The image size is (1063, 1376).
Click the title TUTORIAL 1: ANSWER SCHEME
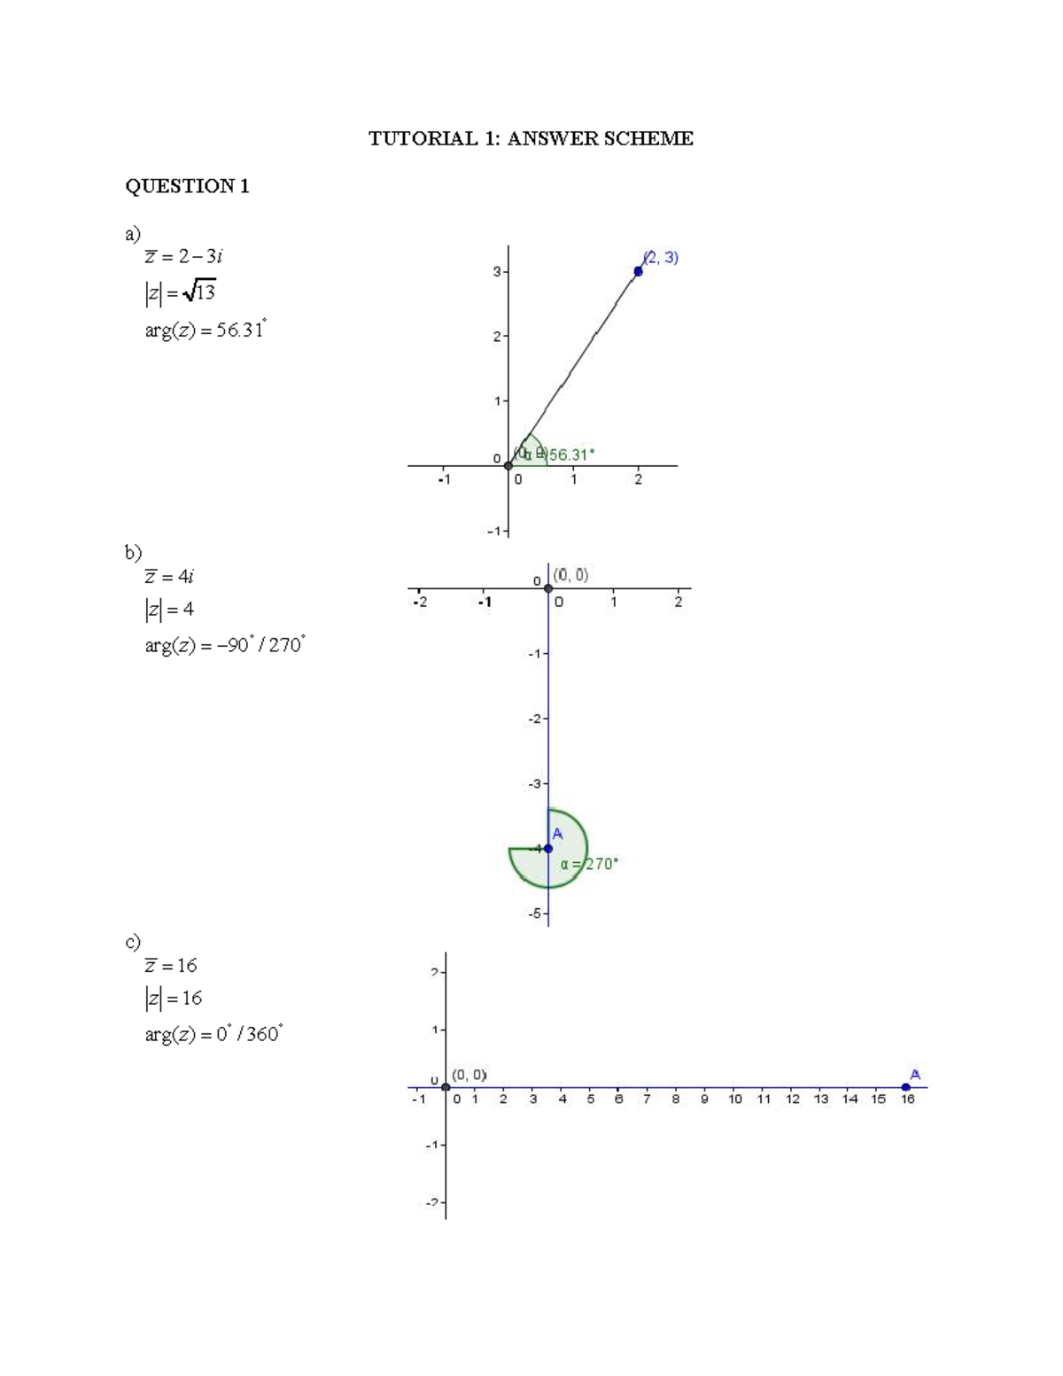[x=531, y=138]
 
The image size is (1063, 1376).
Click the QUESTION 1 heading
[x=187, y=186]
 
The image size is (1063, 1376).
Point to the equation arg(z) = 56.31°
[x=205, y=330]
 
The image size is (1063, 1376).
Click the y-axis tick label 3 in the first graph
[x=497, y=272]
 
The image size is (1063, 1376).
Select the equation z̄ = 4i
[x=169, y=576]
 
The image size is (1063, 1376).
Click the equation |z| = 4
[x=169, y=610]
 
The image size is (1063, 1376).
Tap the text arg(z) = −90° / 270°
[x=225, y=645]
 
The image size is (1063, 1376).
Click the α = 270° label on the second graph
[x=589, y=864]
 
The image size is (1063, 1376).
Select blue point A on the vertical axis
[x=548, y=848]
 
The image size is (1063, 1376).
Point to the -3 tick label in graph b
[x=534, y=784]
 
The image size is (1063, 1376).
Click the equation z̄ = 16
[x=171, y=965]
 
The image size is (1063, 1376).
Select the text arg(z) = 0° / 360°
[x=213, y=1034]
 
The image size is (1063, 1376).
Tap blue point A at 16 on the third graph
[x=905, y=1087]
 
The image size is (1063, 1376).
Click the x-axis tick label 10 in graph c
[x=735, y=1100]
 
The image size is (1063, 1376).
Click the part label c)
[x=133, y=941]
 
